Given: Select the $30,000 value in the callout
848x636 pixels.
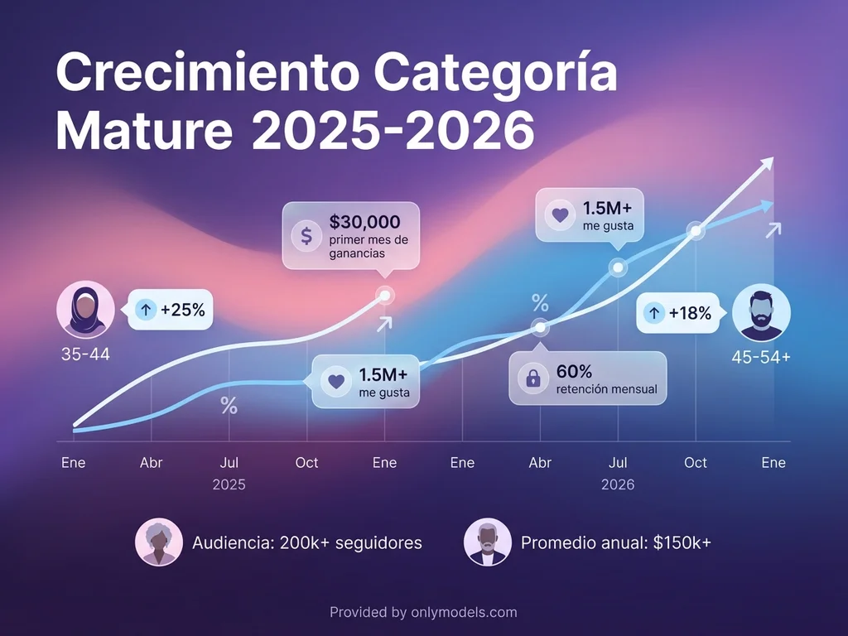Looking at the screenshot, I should click(364, 222).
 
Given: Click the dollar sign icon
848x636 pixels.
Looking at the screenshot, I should click(306, 236).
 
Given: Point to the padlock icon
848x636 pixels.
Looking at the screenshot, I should click(533, 379).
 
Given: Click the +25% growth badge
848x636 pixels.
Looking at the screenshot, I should click(171, 310).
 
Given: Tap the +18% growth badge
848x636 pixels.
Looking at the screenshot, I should click(678, 313).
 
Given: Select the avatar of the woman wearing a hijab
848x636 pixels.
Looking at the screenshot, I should click(85, 310).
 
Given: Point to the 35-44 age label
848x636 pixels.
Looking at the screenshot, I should click(85, 354).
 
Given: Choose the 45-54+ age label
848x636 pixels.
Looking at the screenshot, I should click(761, 358).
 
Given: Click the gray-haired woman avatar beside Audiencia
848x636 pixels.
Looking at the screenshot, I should click(159, 542).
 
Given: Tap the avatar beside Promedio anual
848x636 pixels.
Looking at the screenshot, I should click(488, 542).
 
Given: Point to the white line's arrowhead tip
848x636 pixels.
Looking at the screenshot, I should click(772, 160).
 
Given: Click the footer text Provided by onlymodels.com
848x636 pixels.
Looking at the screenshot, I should click(423, 613).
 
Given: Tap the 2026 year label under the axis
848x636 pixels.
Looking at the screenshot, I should click(618, 484).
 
